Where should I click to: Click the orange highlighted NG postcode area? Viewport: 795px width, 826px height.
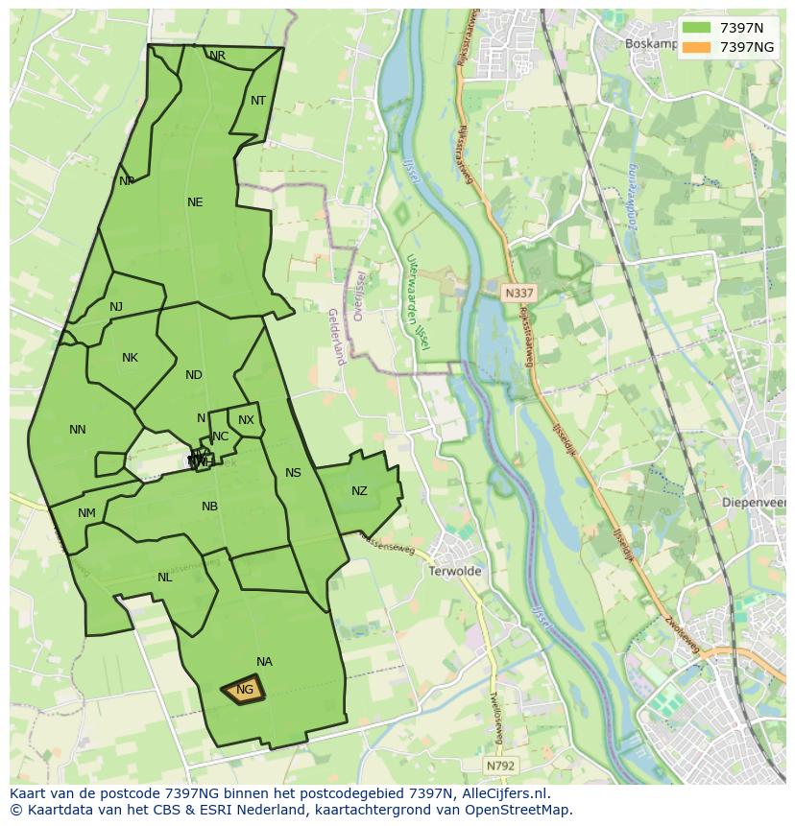(244, 690)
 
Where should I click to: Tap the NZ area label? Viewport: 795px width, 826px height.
(359, 491)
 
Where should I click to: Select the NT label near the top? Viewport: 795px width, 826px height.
(258, 101)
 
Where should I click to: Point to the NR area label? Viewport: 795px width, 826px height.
(218, 57)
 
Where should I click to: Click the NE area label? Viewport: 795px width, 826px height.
(195, 202)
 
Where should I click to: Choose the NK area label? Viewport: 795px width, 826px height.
(130, 358)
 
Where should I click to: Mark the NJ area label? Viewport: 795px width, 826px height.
(116, 307)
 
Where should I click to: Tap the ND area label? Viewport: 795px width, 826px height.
(194, 375)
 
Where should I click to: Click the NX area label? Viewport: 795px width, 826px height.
(247, 420)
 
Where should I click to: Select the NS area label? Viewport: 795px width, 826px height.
(293, 473)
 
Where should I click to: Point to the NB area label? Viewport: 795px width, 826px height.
(209, 507)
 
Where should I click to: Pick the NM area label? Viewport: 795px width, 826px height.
(86, 513)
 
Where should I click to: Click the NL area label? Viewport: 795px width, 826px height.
(165, 578)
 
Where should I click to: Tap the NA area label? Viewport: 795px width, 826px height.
(264, 662)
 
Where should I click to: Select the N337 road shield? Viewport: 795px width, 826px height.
(518, 291)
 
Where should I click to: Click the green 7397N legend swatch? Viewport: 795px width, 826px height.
(697, 28)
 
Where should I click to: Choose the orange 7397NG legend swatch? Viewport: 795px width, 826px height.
(697, 47)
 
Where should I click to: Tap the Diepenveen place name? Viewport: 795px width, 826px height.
(759, 502)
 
